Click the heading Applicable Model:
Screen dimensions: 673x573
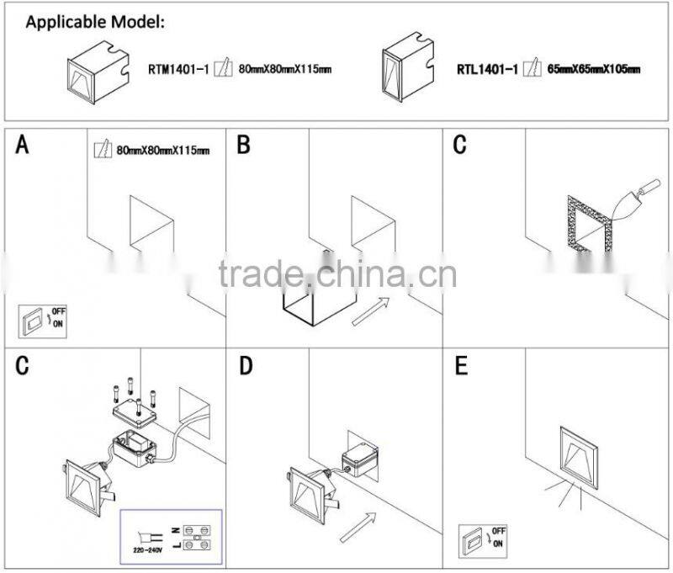click(x=96, y=22)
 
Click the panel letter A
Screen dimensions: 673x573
click(x=23, y=146)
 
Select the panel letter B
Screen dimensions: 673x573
click(x=243, y=146)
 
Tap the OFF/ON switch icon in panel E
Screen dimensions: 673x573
click(x=482, y=540)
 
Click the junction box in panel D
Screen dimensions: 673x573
click(x=364, y=459)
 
